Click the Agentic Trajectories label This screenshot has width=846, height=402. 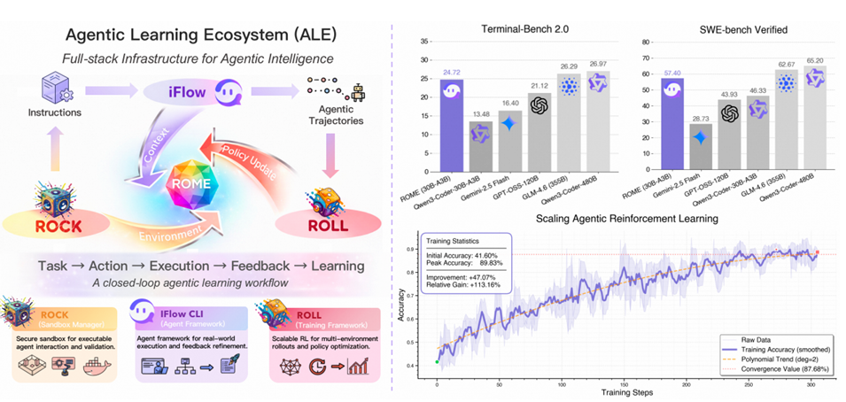[x=330, y=117]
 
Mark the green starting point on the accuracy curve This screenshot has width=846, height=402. [x=437, y=361]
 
